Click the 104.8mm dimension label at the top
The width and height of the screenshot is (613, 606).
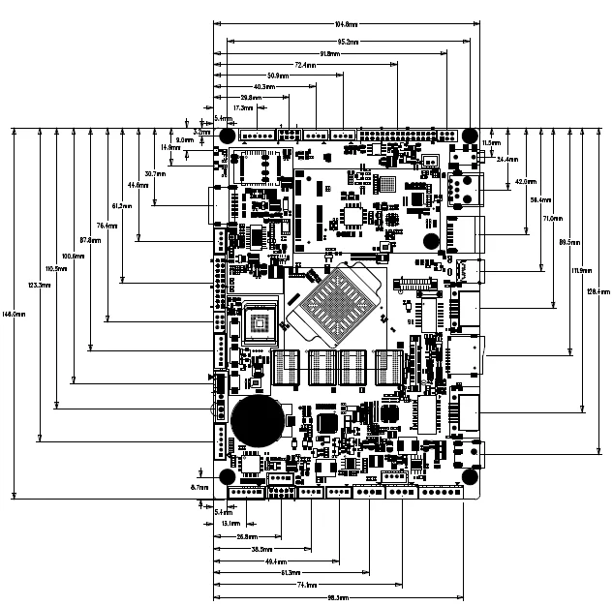[x=346, y=24]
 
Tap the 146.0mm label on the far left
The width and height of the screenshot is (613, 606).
[x=14, y=314]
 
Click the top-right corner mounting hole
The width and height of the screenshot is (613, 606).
[x=469, y=136]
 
